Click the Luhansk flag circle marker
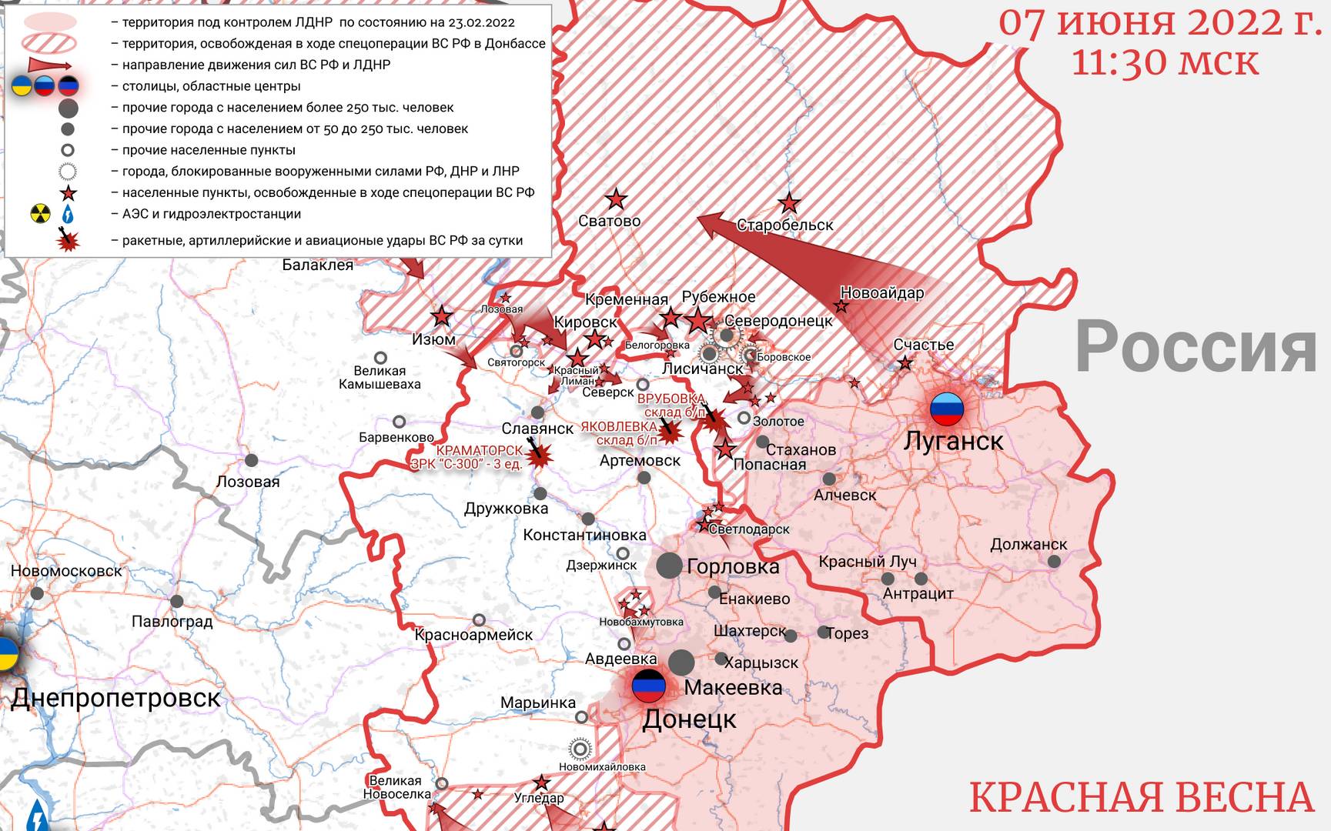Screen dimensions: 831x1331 (x=947, y=409)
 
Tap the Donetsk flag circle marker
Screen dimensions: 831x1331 (x=648, y=686)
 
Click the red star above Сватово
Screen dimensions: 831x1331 (x=616, y=200)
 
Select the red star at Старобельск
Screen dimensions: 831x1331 (x=788, y=204)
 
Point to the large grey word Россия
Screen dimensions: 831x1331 (x=1196, y=348)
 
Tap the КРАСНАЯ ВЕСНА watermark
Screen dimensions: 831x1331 (x=1141, y=797)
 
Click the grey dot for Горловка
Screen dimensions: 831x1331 (x=669, y=566)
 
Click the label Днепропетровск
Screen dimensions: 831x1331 (x=116, y=698)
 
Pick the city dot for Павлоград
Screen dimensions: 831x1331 (x=177, y=602)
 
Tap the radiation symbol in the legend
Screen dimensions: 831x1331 (x=40, y=214)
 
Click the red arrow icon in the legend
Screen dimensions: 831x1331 (x=49, y=65)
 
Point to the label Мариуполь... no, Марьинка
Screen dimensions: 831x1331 (x=537, y=703)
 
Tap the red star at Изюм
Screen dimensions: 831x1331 (x=441, y=316)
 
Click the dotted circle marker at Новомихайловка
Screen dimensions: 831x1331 (x=580, y=749)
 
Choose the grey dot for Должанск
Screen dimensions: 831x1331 (x=1054, y=562)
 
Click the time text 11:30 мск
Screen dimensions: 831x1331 (x=1165, y=62)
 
